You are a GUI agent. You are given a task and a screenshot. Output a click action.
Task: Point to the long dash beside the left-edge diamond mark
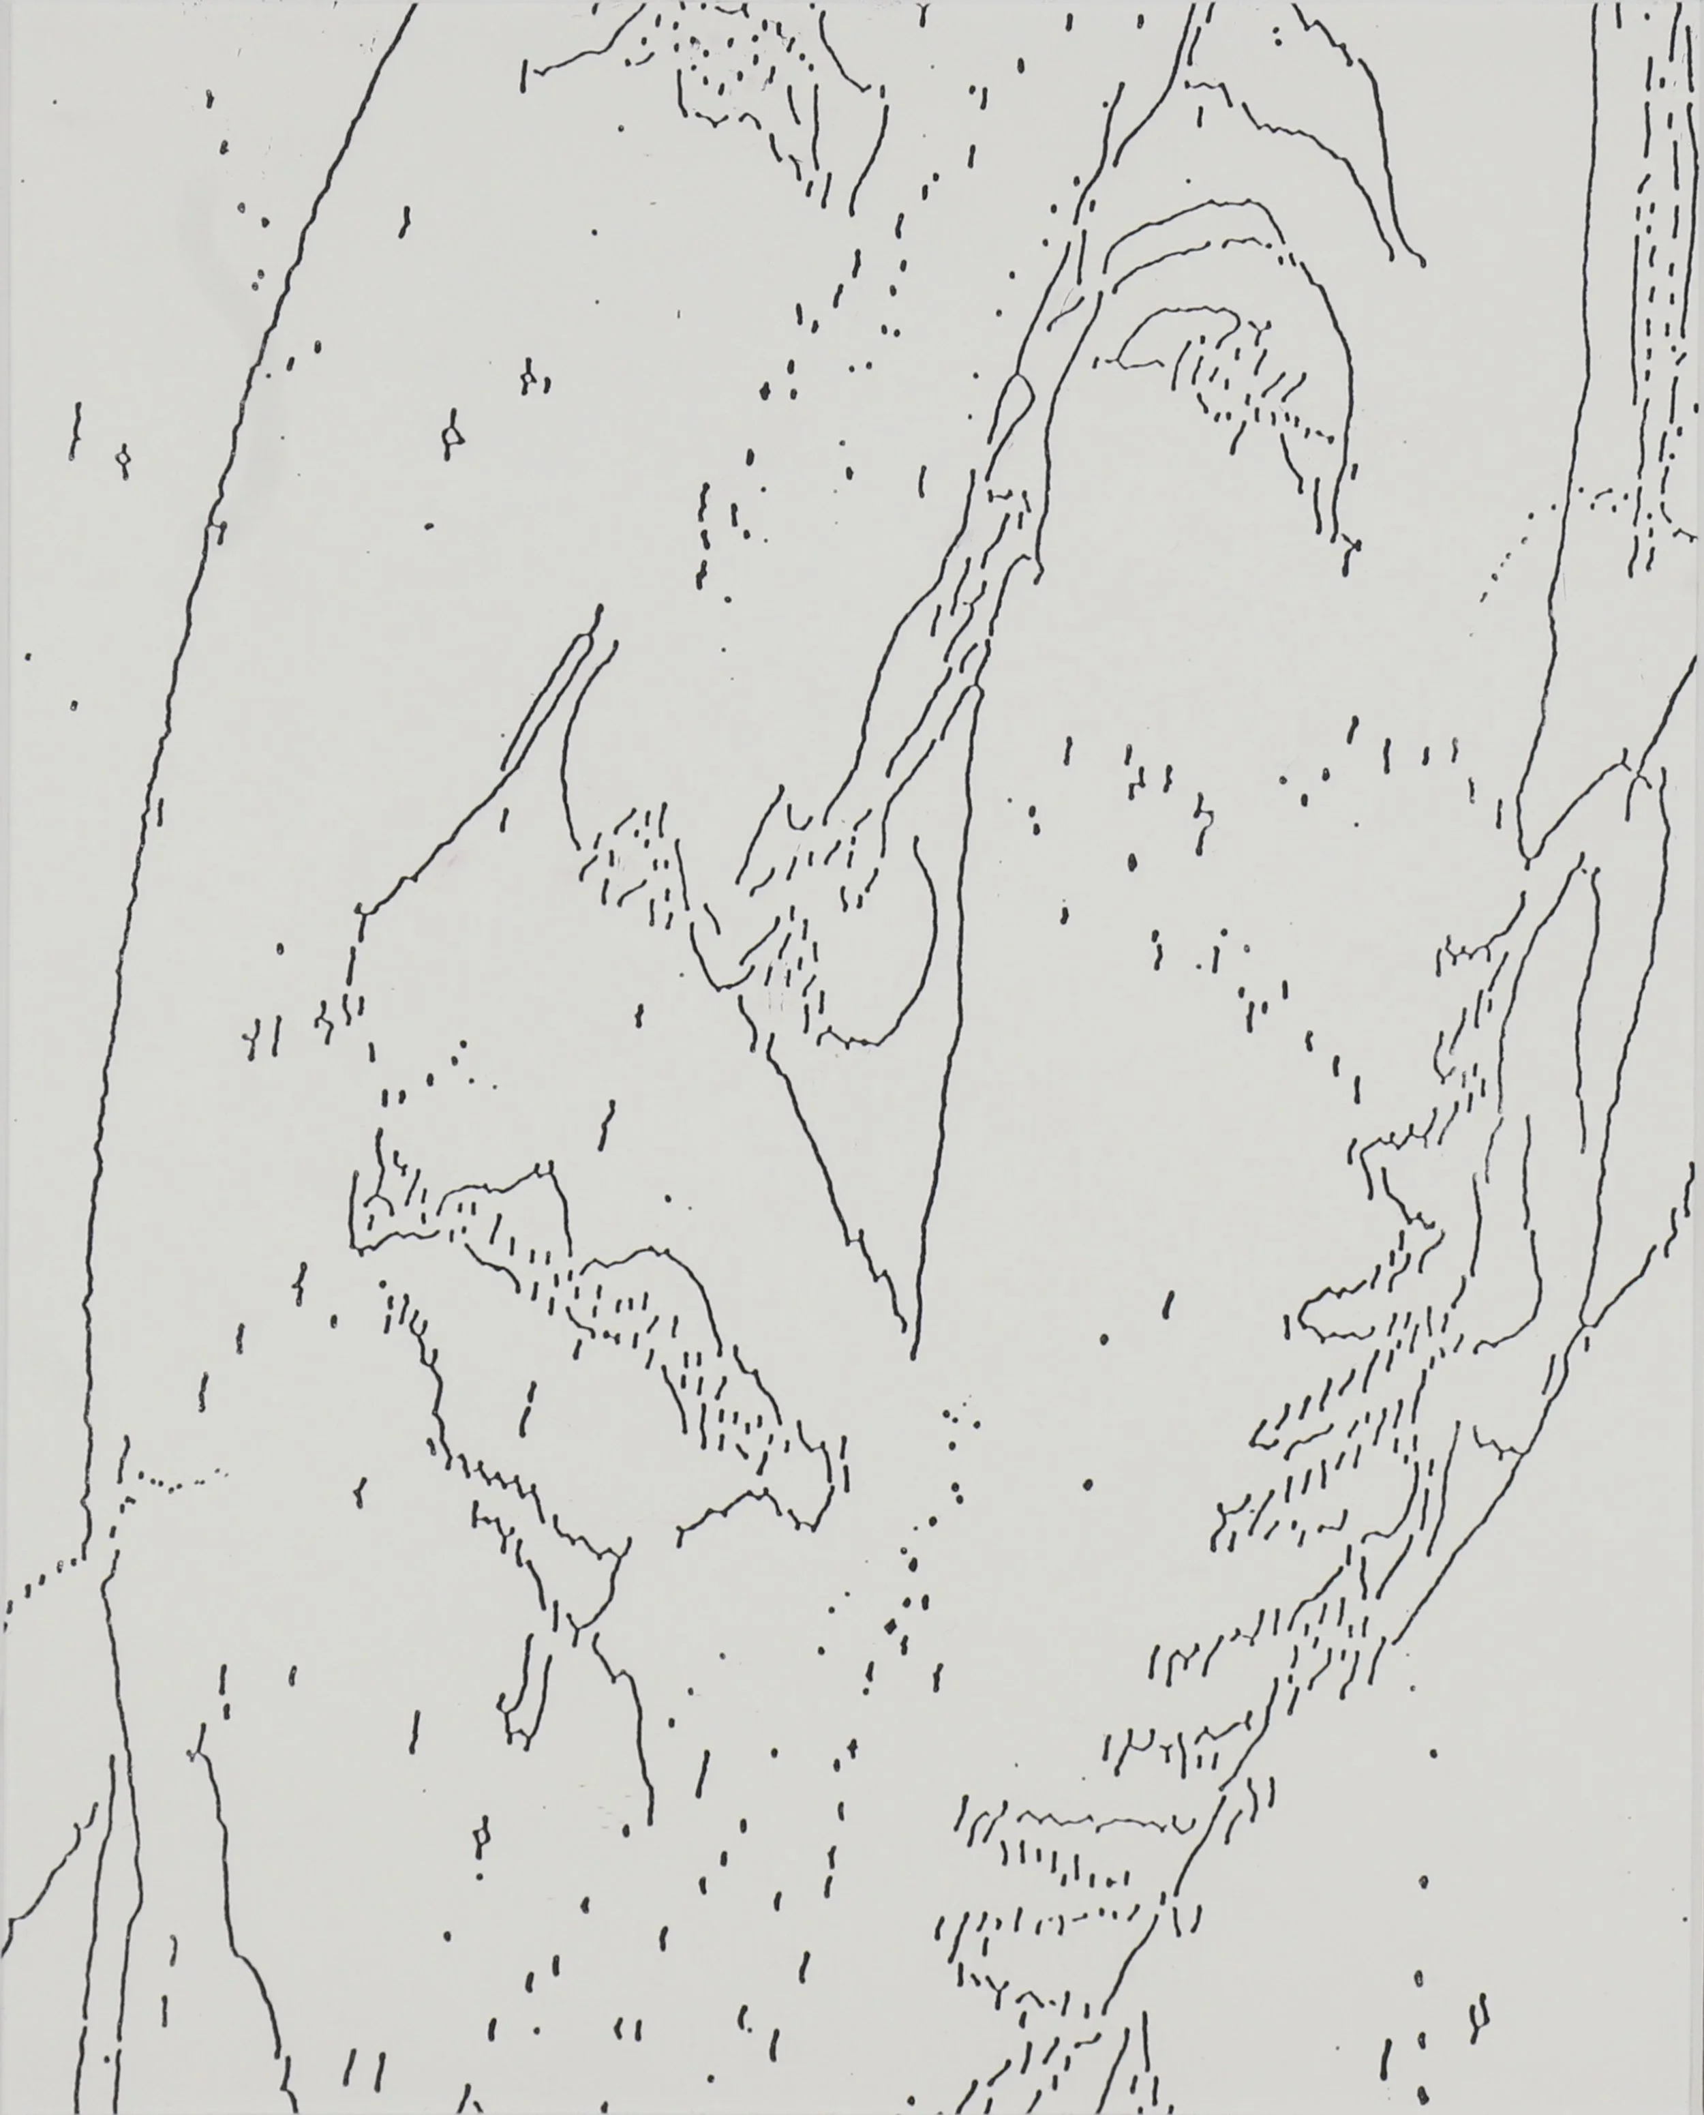pos(74,432)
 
